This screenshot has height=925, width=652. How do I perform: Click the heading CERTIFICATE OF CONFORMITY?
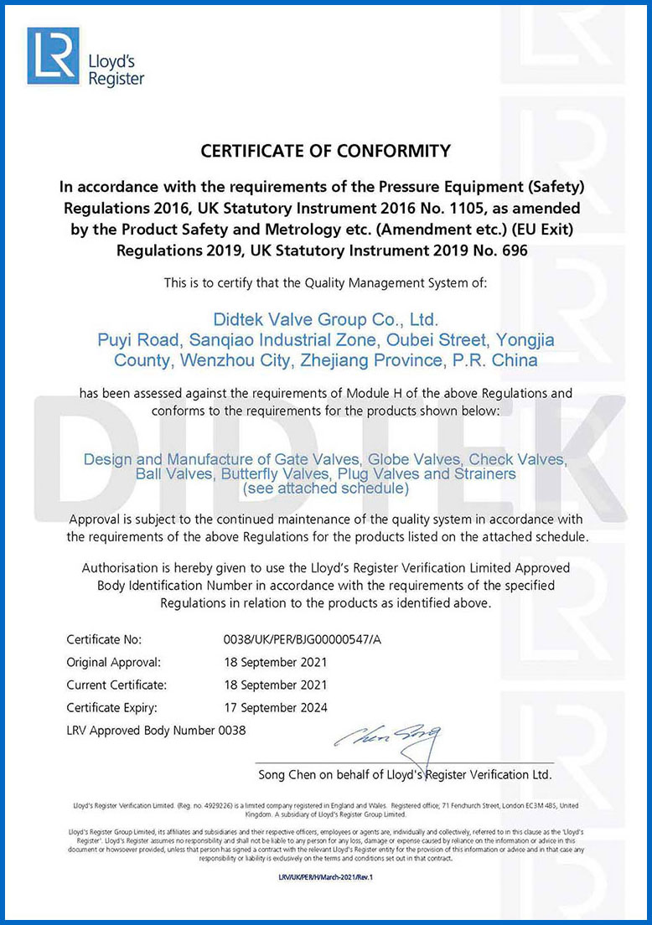[x=326, y=151]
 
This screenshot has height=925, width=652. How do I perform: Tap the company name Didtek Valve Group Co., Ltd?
[x=326, y=320]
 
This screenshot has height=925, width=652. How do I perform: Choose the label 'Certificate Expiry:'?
[x=112, y=707]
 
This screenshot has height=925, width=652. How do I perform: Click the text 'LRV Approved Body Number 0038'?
[x=157, y=730]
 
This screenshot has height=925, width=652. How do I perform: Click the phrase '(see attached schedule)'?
[x=326, y=488]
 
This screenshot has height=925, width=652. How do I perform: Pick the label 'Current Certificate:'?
[x=116, y=685]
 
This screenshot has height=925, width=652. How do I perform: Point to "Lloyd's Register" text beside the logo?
[x=116, y=70]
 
